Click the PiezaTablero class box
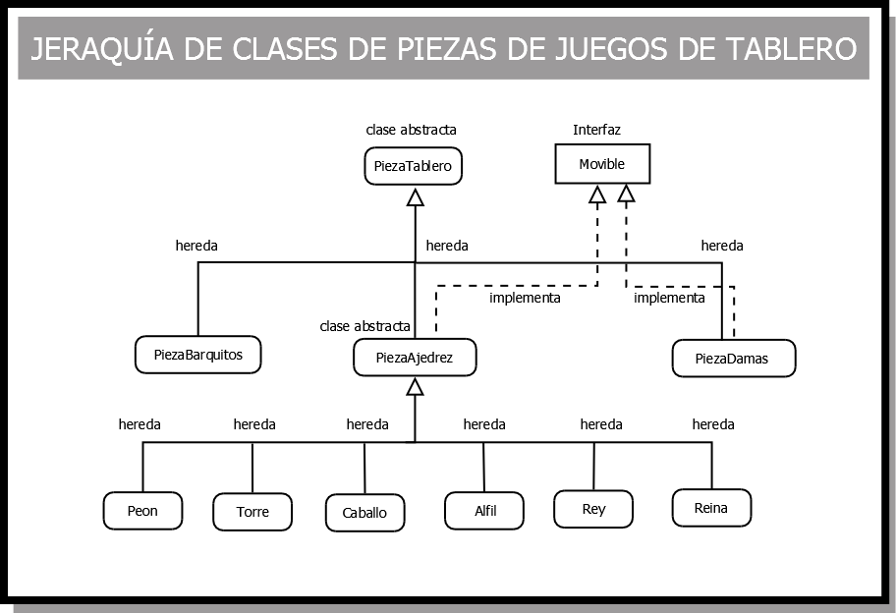[x=413, y=166]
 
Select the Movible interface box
[x=602, y=164]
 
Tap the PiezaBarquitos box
[x=197, y=354]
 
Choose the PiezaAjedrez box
[x=415, y=358]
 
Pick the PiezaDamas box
[x=733, y=359]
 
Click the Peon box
[x=142, y=511]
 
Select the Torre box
[x=252, y=512]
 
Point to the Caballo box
[x=364, y=513]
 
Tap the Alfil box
[x=484, y=511]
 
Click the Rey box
[x=593, y=509]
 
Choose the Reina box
[x=711, y=508]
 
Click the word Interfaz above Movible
[x=597, y=130]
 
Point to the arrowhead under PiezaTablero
[x=415, y=197]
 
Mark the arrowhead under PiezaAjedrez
[x=415, y=387]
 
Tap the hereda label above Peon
[x=140, y=424]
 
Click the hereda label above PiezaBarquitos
[x=196, y=246]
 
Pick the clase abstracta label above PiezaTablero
[x=411, y=130]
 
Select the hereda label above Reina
[x=713, y=424]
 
